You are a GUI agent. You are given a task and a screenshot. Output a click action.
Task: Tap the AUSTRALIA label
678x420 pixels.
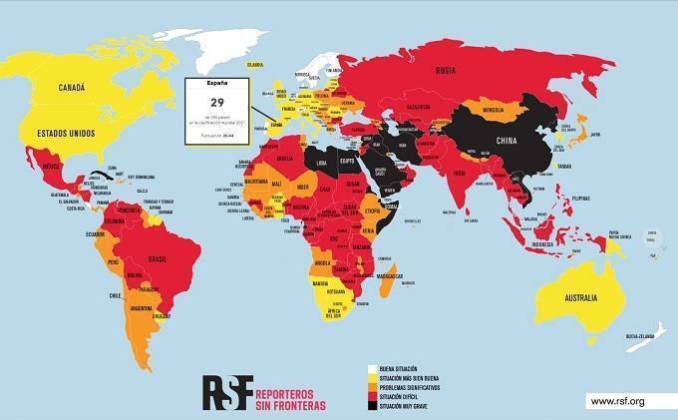575,297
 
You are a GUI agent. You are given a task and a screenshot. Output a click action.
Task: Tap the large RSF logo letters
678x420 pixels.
228,389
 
